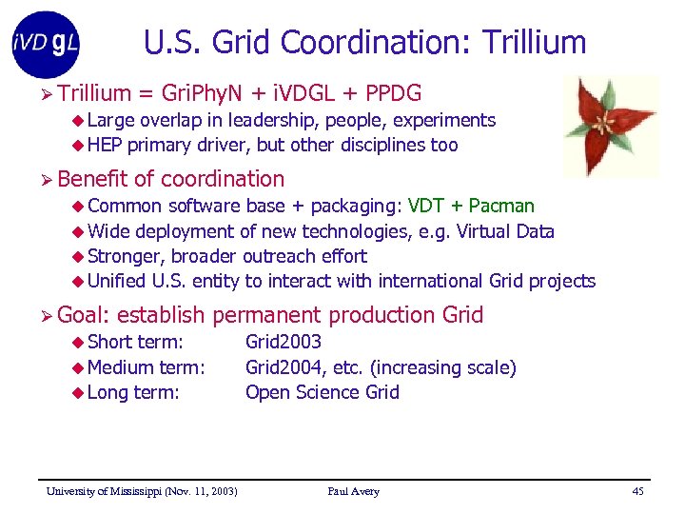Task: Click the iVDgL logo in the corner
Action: pyautogui.click(x=46, y=44)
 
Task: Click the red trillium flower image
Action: pyautogui.click(x=609, y=126)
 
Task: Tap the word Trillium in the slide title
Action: pyautogui.click(x=535, y=43)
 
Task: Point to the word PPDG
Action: pyautogui.click(x=394, y=93)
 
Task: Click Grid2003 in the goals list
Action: pyautogui.click(x=284, y=342)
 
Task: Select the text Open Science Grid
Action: pyautogui.click(x=322, y=392)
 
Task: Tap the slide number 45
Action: pyautogui.click(x=637, y=491)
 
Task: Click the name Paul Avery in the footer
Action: pyautogui.click(x=353, y=491)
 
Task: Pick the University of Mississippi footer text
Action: pyautogui.click(x=142, y=491)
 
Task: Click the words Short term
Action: pyautogui.click(x=135, y=342)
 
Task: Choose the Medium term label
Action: pyautogui.click(x=146, y=367)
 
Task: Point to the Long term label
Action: pyautogui.click(x=133, y=392)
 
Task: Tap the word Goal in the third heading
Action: pyautogui.click(x=83, y=315)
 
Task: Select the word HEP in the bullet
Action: pyautogui.click(x=105, y=145)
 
